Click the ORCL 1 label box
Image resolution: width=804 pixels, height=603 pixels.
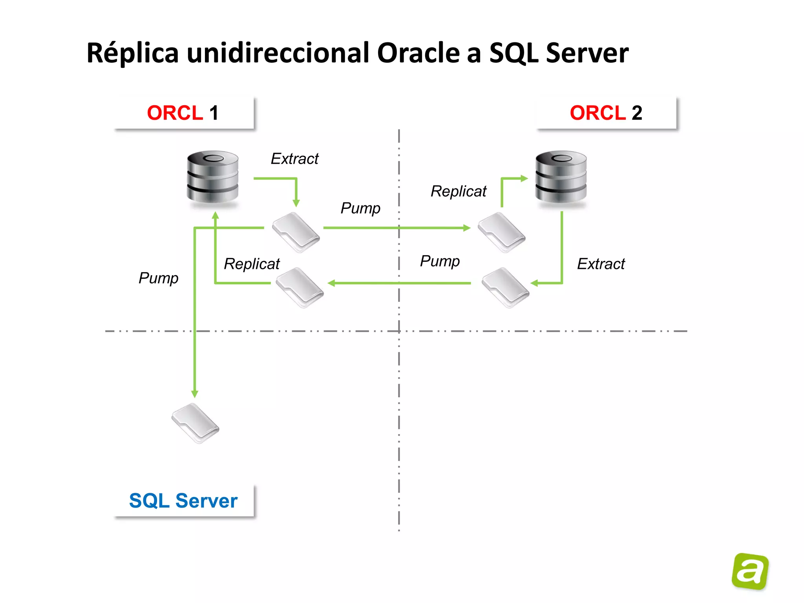point(184,113)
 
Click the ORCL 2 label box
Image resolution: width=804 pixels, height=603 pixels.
point(606,113)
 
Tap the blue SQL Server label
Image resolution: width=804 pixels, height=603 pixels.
point(183,501)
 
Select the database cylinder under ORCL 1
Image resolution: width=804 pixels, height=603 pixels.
point(212,177)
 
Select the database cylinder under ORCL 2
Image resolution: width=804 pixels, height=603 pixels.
point(561,177)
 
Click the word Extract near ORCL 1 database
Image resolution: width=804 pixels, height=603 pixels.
point(295,159)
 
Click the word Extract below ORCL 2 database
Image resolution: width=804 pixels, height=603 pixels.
point(601,264)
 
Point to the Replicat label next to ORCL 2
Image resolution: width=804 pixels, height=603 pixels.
point(459,192)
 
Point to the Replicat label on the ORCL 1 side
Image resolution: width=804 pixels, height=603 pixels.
point(252,264)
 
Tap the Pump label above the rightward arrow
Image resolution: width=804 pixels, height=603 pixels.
point(360,208)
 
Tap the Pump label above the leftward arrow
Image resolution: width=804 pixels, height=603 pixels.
point(440,261)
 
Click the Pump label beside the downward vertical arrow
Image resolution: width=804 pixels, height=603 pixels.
point(159,278)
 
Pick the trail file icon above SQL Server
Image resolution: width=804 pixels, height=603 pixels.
point(196,423)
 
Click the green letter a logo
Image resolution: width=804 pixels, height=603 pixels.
point(750,571)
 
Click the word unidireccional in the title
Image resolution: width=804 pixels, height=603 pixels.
point(278,53)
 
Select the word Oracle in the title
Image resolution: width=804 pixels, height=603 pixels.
point(418,53)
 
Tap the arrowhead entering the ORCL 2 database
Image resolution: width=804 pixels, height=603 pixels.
point(524,179)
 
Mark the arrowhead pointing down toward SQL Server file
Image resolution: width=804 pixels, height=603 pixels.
point(195,394)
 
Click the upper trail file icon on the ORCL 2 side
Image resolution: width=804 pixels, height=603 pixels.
point(502,232)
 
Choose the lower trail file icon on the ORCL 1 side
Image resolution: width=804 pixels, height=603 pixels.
point(300,288)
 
